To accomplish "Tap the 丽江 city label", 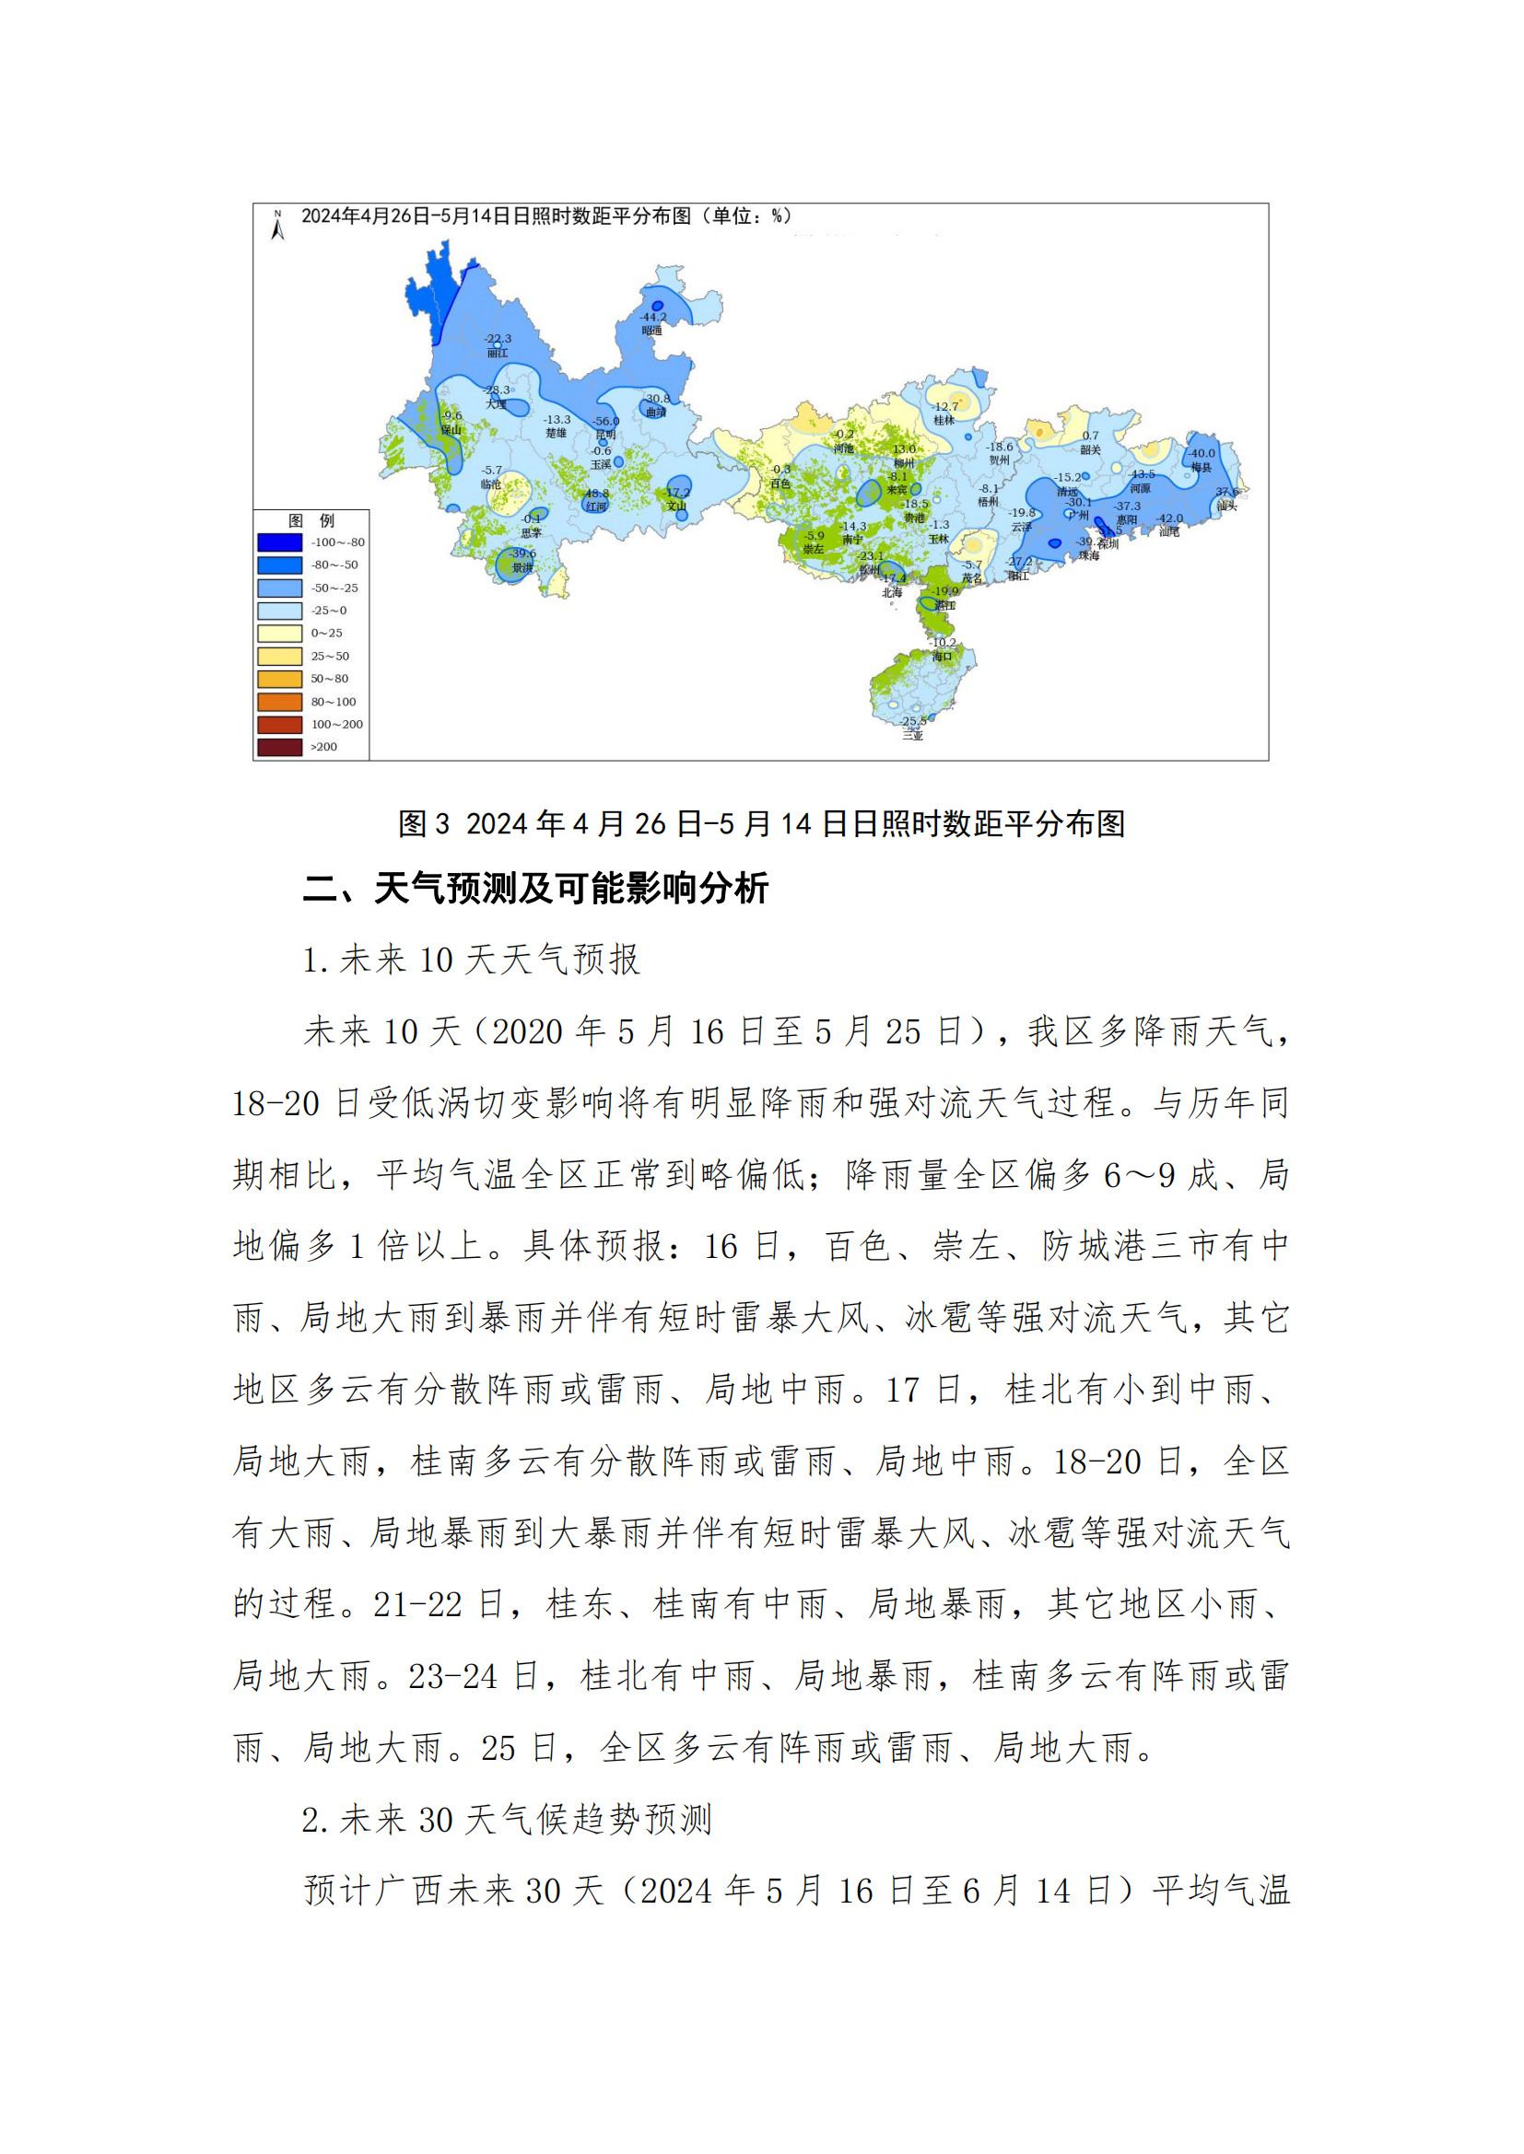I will click(x=498, y=353).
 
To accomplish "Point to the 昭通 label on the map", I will click(x=652, y=331).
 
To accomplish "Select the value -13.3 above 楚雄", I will click(x=557, y=419).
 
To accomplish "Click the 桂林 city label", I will click(x=944, y=420).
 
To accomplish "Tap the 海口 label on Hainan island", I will click(x=943, y=656).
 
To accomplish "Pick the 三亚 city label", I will click(x=912, y=736).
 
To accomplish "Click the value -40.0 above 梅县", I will click(x=1202, y=453).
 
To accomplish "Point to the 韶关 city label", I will click(x=1089, y=449).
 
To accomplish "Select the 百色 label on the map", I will click(x=780, y=483).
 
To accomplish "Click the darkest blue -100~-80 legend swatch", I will click(x=280, y=542).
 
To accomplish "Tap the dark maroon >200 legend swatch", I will click(x=280, y=747).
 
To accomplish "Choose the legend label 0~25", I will click(x=326, y=634).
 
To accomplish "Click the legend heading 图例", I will click(x=311, y=520).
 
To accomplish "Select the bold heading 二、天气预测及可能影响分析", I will click(x=536, y=888).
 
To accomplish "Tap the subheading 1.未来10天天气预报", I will click(x=471, y=960).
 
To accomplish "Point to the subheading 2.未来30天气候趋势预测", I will click(x=507, y=1819).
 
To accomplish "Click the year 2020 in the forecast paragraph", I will click(x=526, y=1032).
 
